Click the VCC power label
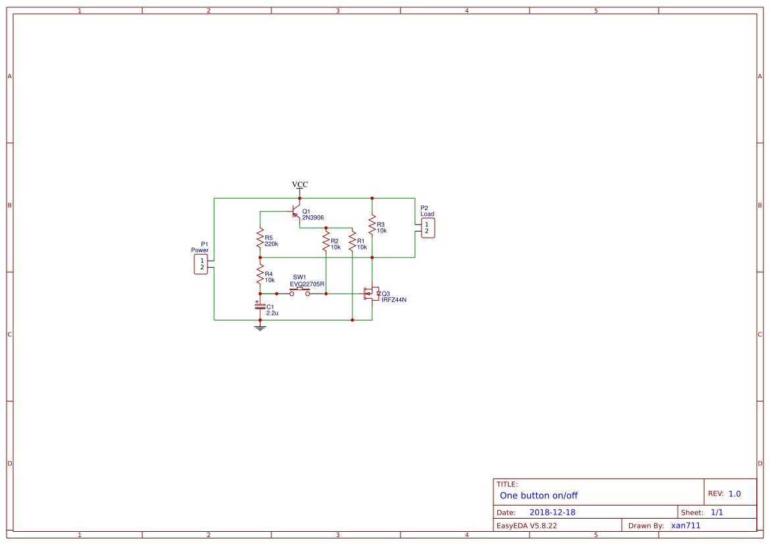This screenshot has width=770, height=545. (x=300, y=185)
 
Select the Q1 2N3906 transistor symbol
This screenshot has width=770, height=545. (x=296, y=214)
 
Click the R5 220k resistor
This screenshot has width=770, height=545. (x=260, y=240)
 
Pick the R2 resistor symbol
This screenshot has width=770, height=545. (x=326, y=244)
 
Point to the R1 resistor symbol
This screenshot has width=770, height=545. (x=352, y=244)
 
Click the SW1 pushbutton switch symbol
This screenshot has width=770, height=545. (x=300, y=292)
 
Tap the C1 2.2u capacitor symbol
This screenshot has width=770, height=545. (x=260, y=307)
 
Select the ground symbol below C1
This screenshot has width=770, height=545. (x=260, y=326)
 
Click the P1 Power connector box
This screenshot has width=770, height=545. (x=201, y=264)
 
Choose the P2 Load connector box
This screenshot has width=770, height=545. (x=426, y=228)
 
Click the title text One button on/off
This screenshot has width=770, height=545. (x=538, y=496)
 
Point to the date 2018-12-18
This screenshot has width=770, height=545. (x=552, y=512)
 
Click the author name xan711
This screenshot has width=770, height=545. (x=686, y=525)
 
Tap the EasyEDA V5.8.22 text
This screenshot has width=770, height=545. (x=526, y=525)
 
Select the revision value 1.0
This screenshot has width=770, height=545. (x=734, y=494)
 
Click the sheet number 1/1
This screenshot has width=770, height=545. (x=717, y=512)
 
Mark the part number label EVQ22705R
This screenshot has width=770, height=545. (x=307, y=284)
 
